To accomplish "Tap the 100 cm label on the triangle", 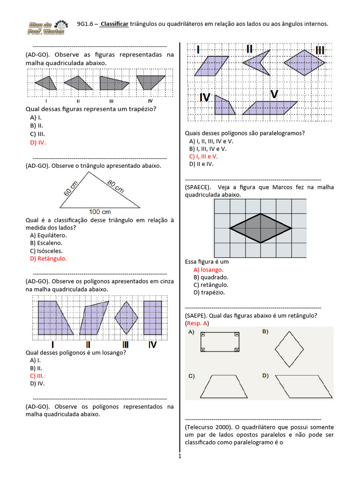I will [100, 212].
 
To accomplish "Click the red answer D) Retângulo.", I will [48, 258].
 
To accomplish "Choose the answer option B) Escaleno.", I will [46, 243].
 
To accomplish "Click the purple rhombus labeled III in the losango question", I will [126, 317].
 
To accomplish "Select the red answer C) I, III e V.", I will [203, 157].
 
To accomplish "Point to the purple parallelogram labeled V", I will [270, 108].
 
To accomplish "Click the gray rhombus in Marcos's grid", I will [261, 228].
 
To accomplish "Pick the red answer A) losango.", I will [208, 270].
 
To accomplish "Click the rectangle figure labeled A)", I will [220, 342].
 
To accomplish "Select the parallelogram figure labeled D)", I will [301, 386].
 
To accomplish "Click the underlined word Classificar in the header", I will [114, 24].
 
